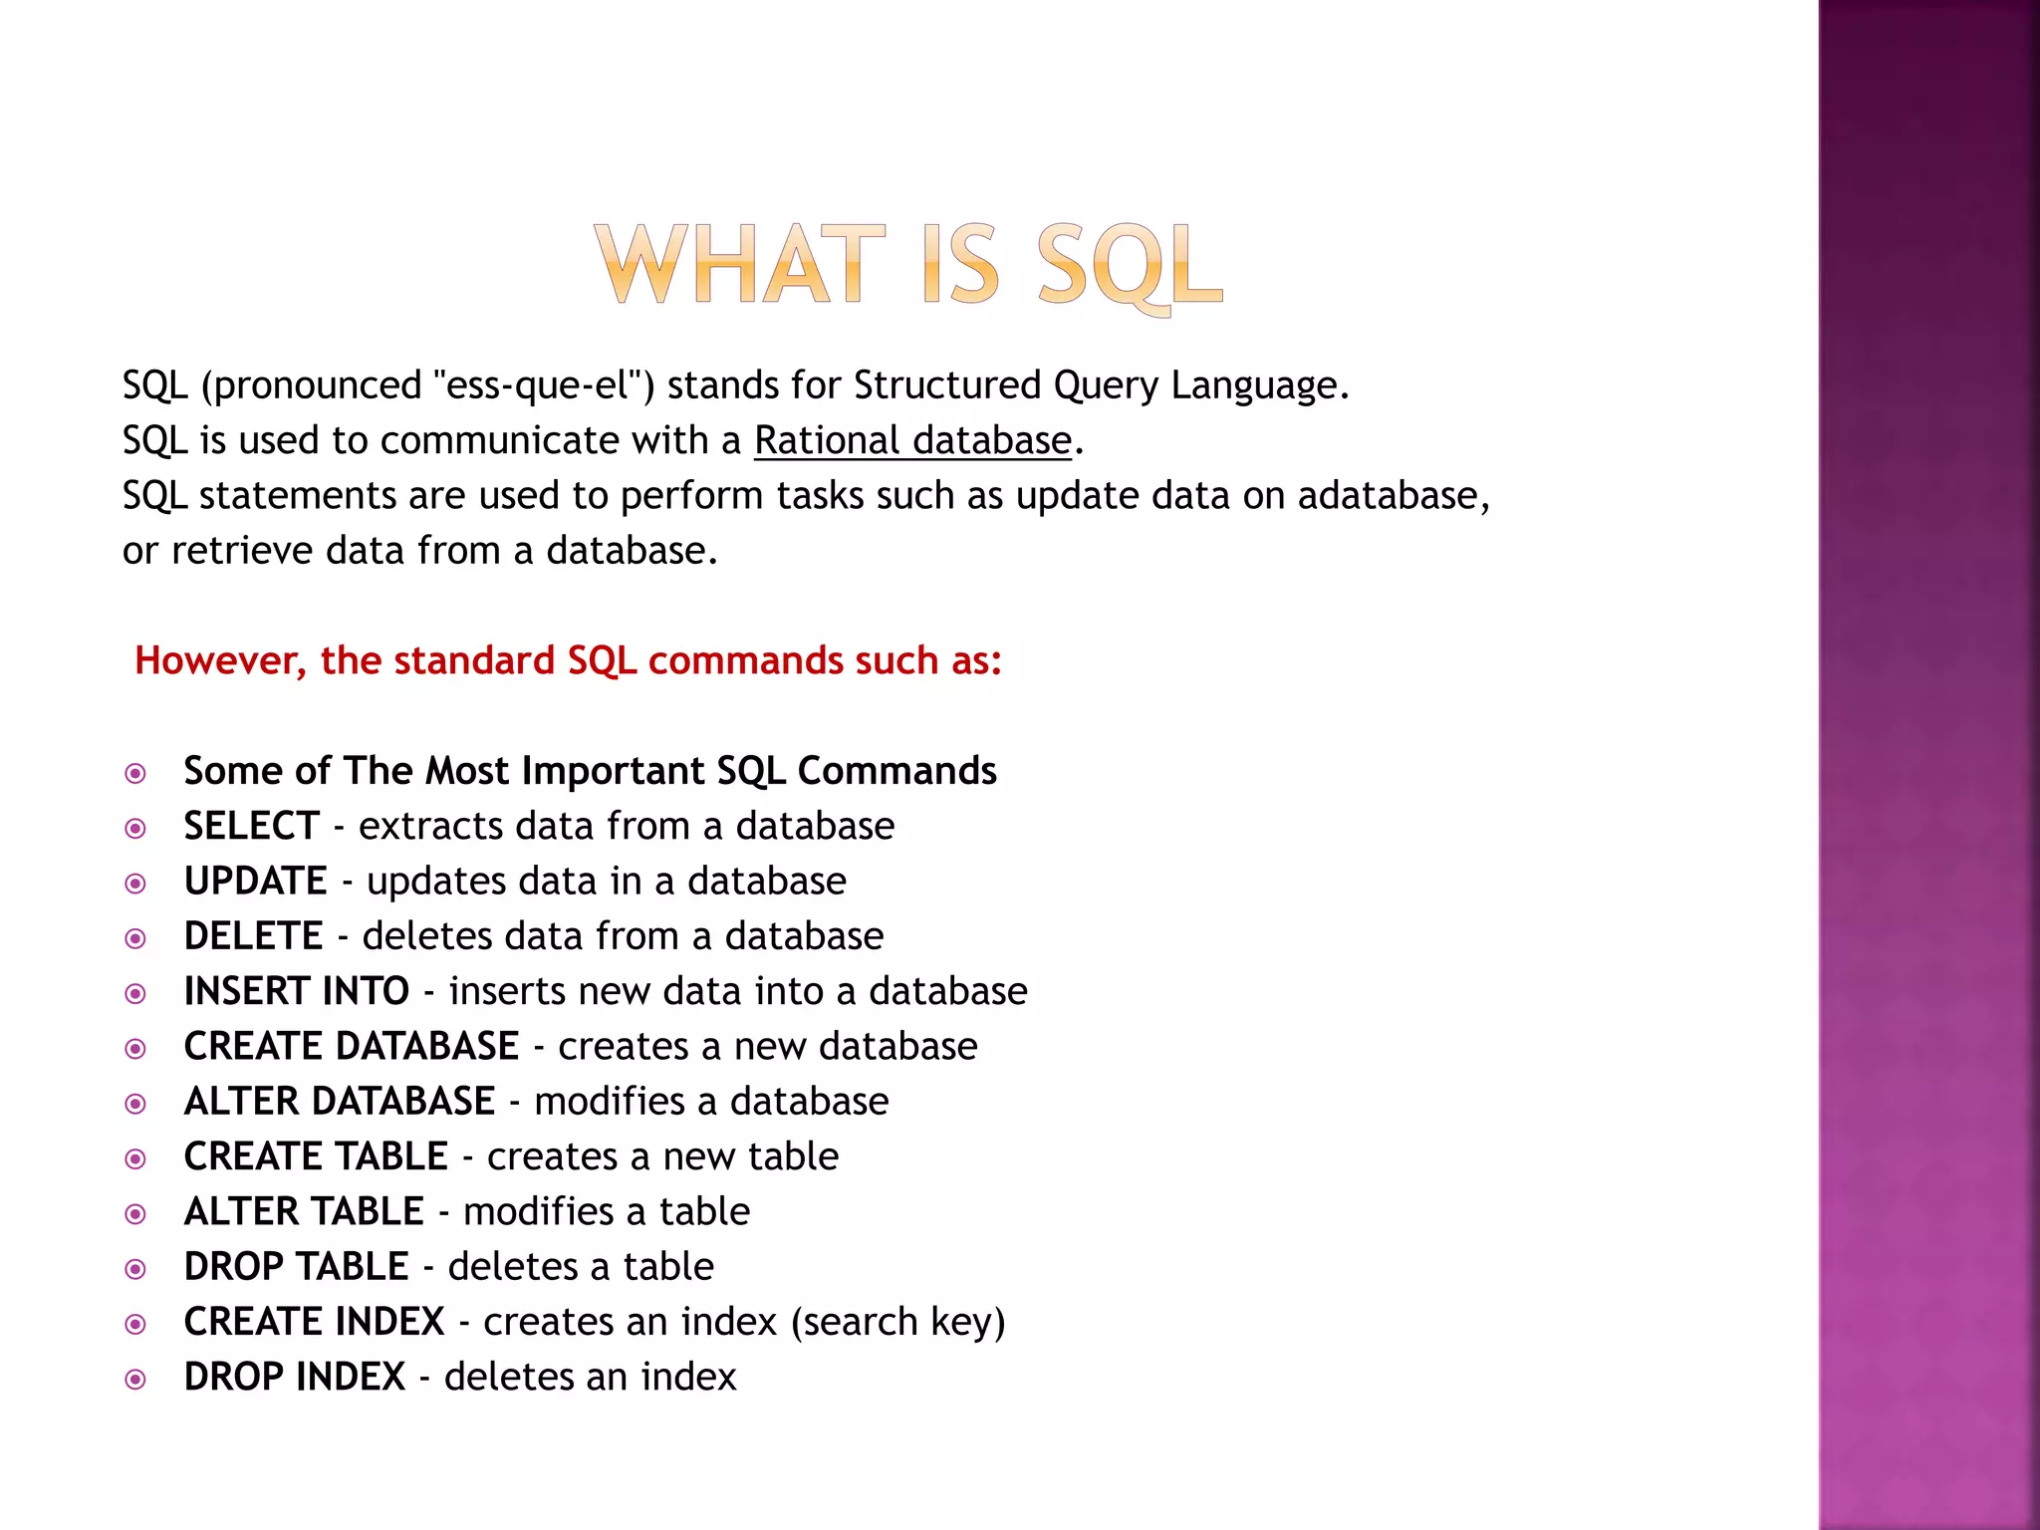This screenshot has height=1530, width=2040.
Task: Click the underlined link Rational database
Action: point(912,440)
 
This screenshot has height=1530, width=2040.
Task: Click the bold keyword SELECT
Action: point(252,826)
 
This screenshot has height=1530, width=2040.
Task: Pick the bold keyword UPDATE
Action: point(256,882)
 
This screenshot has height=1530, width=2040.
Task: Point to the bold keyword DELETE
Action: point(254,936)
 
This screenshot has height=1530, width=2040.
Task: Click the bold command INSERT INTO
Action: point(297,991)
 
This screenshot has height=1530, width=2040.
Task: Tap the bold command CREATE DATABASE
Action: point(352,1046)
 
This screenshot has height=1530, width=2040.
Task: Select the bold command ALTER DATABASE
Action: point(340,1102)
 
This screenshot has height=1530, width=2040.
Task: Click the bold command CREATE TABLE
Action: point(316,1156)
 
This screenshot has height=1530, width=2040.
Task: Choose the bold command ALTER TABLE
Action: point(304,1211)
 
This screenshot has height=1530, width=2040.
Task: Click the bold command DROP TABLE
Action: point(297,1267)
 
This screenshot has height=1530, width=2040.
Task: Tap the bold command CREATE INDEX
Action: point(314,1322)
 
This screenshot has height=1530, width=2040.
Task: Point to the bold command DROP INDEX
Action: point(295,1377)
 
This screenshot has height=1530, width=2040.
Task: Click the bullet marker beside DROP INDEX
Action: point(135,1380)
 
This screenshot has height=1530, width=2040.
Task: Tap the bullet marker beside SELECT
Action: point(135,829)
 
